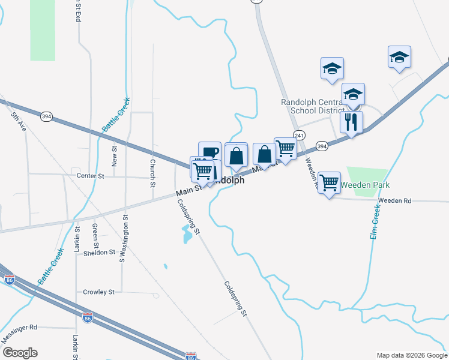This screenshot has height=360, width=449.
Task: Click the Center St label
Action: pyautogui.click(x=91, y=176)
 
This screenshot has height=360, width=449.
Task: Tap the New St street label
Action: pyautogui.click(x=114, y=156)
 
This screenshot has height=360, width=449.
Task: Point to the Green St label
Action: pyautogui.click(x=95, y=235)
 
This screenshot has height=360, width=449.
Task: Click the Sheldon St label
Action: pyautogui.click(x=99, y=253)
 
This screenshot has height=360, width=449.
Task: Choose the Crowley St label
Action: pyautogui.click(x=98, y=292)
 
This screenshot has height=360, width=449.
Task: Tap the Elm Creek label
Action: pyautogui.click(x=375, y=222)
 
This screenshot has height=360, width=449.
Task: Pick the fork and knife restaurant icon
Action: pyautogui.click(x=351, y=122)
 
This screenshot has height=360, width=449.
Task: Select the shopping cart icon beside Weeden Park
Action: pyautogui.click(x=329, y=182)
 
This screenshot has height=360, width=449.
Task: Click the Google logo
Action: pyautogui.click(x=20, y=353)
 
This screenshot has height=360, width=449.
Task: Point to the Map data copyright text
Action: pyautogui.click(x=412, y=355)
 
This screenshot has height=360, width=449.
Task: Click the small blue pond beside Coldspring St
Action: pyautogui.click(x=186, y=235)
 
